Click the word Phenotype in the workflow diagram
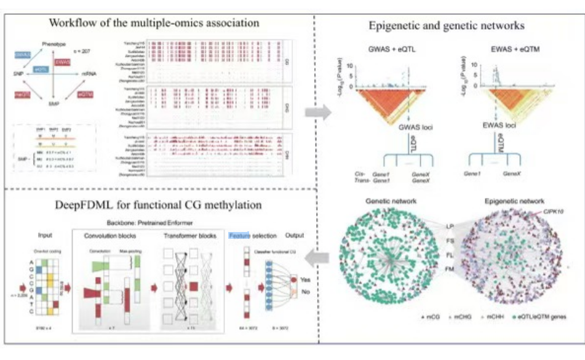[x=54, y=44]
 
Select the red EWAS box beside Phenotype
[x=62, y=62]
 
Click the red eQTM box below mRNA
[x=86, y=94]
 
